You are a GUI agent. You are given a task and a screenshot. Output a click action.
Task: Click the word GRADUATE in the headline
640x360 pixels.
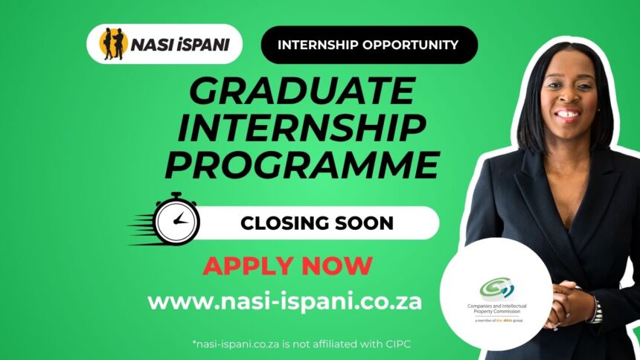point(302,91)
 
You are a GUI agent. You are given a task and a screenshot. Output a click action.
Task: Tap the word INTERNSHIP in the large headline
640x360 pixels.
point(302,128)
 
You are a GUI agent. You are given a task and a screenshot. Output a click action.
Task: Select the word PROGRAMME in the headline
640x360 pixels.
point(302,165)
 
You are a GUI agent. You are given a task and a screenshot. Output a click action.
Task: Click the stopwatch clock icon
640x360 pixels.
point(176,219)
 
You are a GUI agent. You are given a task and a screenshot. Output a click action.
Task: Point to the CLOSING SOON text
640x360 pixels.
point(317,223)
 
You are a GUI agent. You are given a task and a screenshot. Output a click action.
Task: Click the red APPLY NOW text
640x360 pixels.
point(288,266)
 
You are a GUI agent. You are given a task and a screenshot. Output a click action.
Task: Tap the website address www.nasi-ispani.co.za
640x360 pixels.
point(284,302)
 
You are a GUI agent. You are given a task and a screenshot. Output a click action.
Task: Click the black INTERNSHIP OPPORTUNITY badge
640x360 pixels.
point(369,45)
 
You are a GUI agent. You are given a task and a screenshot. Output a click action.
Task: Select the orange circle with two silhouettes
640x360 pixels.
point(113,44)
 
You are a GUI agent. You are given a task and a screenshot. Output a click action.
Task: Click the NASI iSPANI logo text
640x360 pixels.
point(180,45)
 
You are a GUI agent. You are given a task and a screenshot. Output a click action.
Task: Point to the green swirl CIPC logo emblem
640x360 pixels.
point(496,288)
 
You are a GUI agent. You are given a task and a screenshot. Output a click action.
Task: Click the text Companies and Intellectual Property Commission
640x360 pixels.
point(496,309)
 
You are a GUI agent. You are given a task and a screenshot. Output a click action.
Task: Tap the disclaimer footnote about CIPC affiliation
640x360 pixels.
point(301,344)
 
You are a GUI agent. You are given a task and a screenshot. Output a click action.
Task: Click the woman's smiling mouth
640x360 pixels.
point(567,115)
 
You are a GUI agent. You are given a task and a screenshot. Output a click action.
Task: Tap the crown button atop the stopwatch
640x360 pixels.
point(176,196)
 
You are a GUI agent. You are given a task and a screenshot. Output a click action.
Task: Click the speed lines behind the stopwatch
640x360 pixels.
point(141,229)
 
